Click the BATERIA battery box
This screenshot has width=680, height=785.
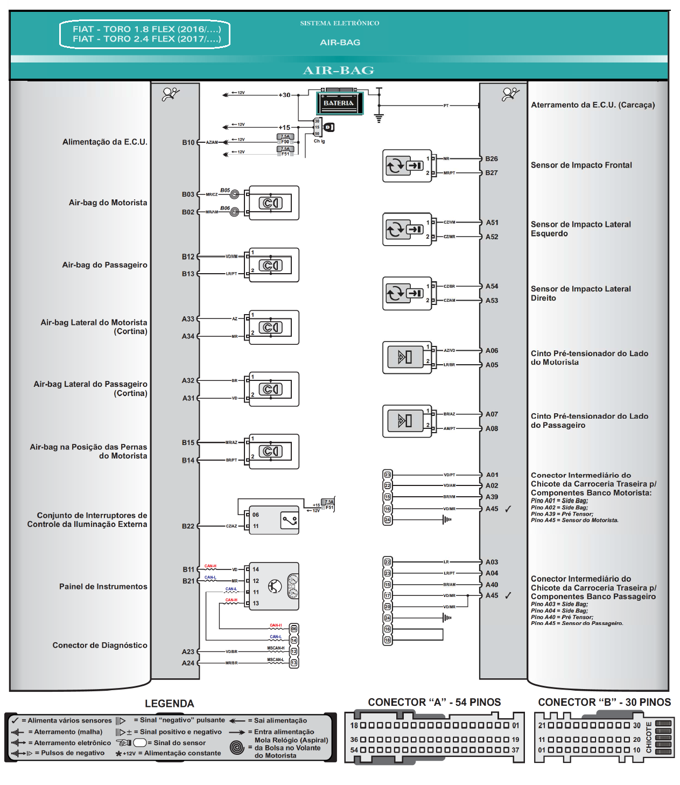coord(339,103)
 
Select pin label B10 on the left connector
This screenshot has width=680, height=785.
coord(188,143)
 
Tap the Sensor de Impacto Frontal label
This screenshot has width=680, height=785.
coord(581,165)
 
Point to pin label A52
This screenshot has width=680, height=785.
coord(492,237)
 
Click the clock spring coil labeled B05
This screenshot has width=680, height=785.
coord(234,194)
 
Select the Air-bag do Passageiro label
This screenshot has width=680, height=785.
coord(104,265)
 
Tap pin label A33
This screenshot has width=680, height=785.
coord(187,319)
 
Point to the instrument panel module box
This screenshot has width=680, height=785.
coord(274,586)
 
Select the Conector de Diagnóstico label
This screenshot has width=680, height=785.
coord(100,645)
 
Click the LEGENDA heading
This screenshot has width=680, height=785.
coord(169,704)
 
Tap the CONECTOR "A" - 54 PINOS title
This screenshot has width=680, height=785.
coord(434,703)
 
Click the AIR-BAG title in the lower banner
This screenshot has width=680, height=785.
coord(339,71)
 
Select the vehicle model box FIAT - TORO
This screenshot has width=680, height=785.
coord(145,34)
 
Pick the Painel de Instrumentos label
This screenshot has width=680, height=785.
coord(103,587)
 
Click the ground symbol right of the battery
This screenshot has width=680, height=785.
coord(379,119)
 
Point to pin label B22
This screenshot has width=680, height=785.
coord(188,526)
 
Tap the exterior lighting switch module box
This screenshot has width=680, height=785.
coord(274,520)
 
